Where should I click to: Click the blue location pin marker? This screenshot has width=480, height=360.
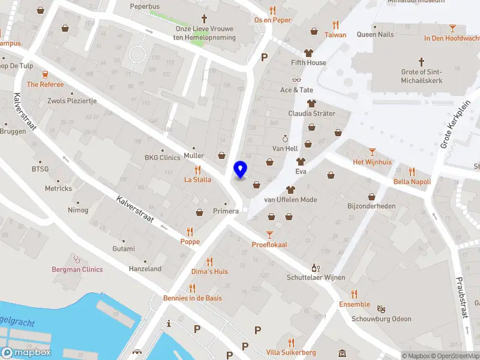(240, 170)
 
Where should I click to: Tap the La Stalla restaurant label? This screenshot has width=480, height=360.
(197, 179)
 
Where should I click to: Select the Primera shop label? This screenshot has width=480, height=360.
(226, 211)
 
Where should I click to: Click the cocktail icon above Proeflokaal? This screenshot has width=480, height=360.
(269, 234)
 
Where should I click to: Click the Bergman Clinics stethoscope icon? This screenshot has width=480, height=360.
(76, 259)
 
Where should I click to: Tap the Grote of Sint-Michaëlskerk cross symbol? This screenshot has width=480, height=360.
(421, 62)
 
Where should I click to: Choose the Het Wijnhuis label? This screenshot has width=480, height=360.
(372, 162)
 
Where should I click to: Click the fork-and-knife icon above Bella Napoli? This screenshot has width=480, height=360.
(412, 171)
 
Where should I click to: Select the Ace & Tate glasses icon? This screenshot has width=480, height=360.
(296, 80)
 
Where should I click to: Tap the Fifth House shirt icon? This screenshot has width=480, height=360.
(308, 53)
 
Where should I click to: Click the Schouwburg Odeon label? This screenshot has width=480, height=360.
(381, 319)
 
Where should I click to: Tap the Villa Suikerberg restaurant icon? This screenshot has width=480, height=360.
(291, 343)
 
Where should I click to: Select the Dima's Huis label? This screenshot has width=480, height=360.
(209, 272)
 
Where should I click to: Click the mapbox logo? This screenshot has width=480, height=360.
(26, 353)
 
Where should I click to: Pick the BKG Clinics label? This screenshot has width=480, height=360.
(162, 158)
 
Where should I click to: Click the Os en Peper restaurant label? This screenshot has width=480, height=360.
(272, 20)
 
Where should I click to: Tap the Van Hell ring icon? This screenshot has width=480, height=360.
(285, 139)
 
